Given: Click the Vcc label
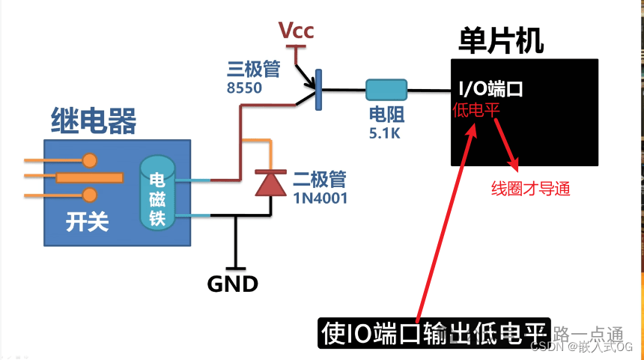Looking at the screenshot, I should coord(297,31).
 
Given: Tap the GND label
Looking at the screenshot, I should coord(233,284).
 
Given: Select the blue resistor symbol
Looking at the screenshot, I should coord(386,91).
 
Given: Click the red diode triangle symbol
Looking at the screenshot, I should coord(267,183).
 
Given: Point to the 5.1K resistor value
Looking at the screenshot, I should coord(385,133).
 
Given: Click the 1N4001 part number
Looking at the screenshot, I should coord(320,198).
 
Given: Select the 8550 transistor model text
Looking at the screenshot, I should coord(244,88).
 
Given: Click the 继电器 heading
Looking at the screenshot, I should coord(93,120).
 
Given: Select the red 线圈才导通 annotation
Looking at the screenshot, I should coord(530,189).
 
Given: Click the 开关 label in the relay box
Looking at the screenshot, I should coord(87,222).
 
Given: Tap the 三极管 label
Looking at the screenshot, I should coord(253,70).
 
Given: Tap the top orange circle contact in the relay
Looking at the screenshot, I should coord(90,159).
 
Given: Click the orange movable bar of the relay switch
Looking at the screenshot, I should coord(90,177).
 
